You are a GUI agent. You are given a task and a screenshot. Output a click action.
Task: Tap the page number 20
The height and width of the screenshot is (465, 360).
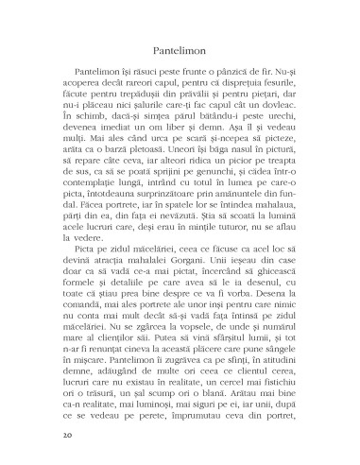tap(65, 436)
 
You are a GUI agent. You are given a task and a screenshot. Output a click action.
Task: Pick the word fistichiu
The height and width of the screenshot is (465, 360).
tap(274, 411)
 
